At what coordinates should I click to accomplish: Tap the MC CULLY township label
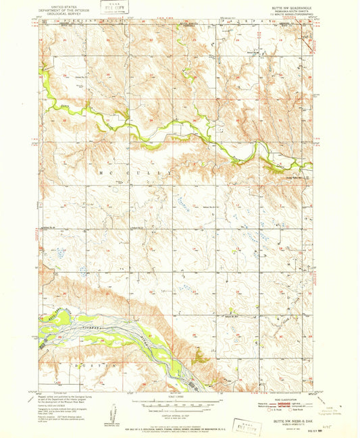(x=135, y=173)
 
